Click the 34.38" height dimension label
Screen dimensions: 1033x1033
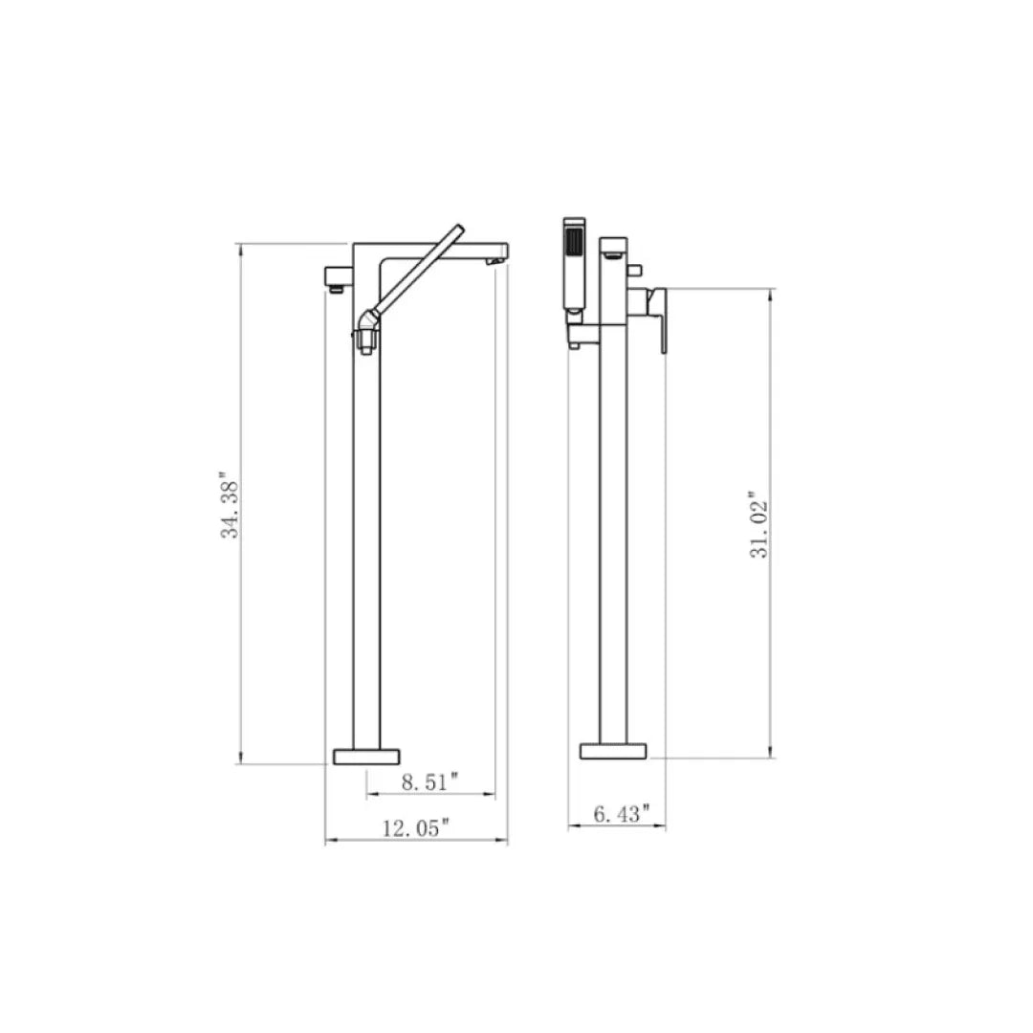[231, 504]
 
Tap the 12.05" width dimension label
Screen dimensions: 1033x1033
[416, 828]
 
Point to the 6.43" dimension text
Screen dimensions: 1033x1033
[622, 814]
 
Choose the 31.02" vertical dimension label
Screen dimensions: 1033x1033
[758, 525]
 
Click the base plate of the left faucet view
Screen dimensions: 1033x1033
[365, 756]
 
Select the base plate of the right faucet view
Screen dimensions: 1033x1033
[613, 751]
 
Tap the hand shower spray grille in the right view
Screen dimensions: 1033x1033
[574, 240]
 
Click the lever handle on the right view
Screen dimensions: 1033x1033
[657, 319]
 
